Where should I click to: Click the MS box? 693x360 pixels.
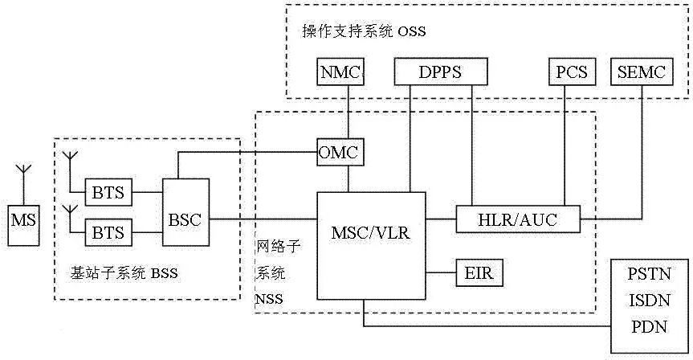(x=23, y=226)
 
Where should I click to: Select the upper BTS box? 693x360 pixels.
(x=108, y=192)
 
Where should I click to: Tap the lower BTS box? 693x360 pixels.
(x=108, y=232)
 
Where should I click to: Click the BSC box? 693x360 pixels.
(x=185, y=212)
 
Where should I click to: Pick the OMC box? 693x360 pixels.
(x=340, y=152)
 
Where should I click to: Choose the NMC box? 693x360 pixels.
(x=340, y=72)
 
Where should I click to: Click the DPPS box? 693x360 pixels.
(x=441, y=72)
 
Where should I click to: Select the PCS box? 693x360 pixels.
(x=572, y=72)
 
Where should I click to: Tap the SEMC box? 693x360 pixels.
(x=642, y=72)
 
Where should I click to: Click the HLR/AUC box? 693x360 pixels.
(x=518, y=219)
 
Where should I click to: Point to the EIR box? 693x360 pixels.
(x=479, y=273)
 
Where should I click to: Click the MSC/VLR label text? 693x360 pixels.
(x=371, y=232)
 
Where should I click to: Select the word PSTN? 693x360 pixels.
(x=650, y=274)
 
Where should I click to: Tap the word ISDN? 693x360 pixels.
(x=650, y=301)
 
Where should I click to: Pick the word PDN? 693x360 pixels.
(x=650, y=327)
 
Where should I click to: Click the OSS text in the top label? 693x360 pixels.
(x=412, y=31)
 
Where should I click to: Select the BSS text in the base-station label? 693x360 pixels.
(x=165, y=273)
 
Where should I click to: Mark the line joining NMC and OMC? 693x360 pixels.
(x=348, y=112)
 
